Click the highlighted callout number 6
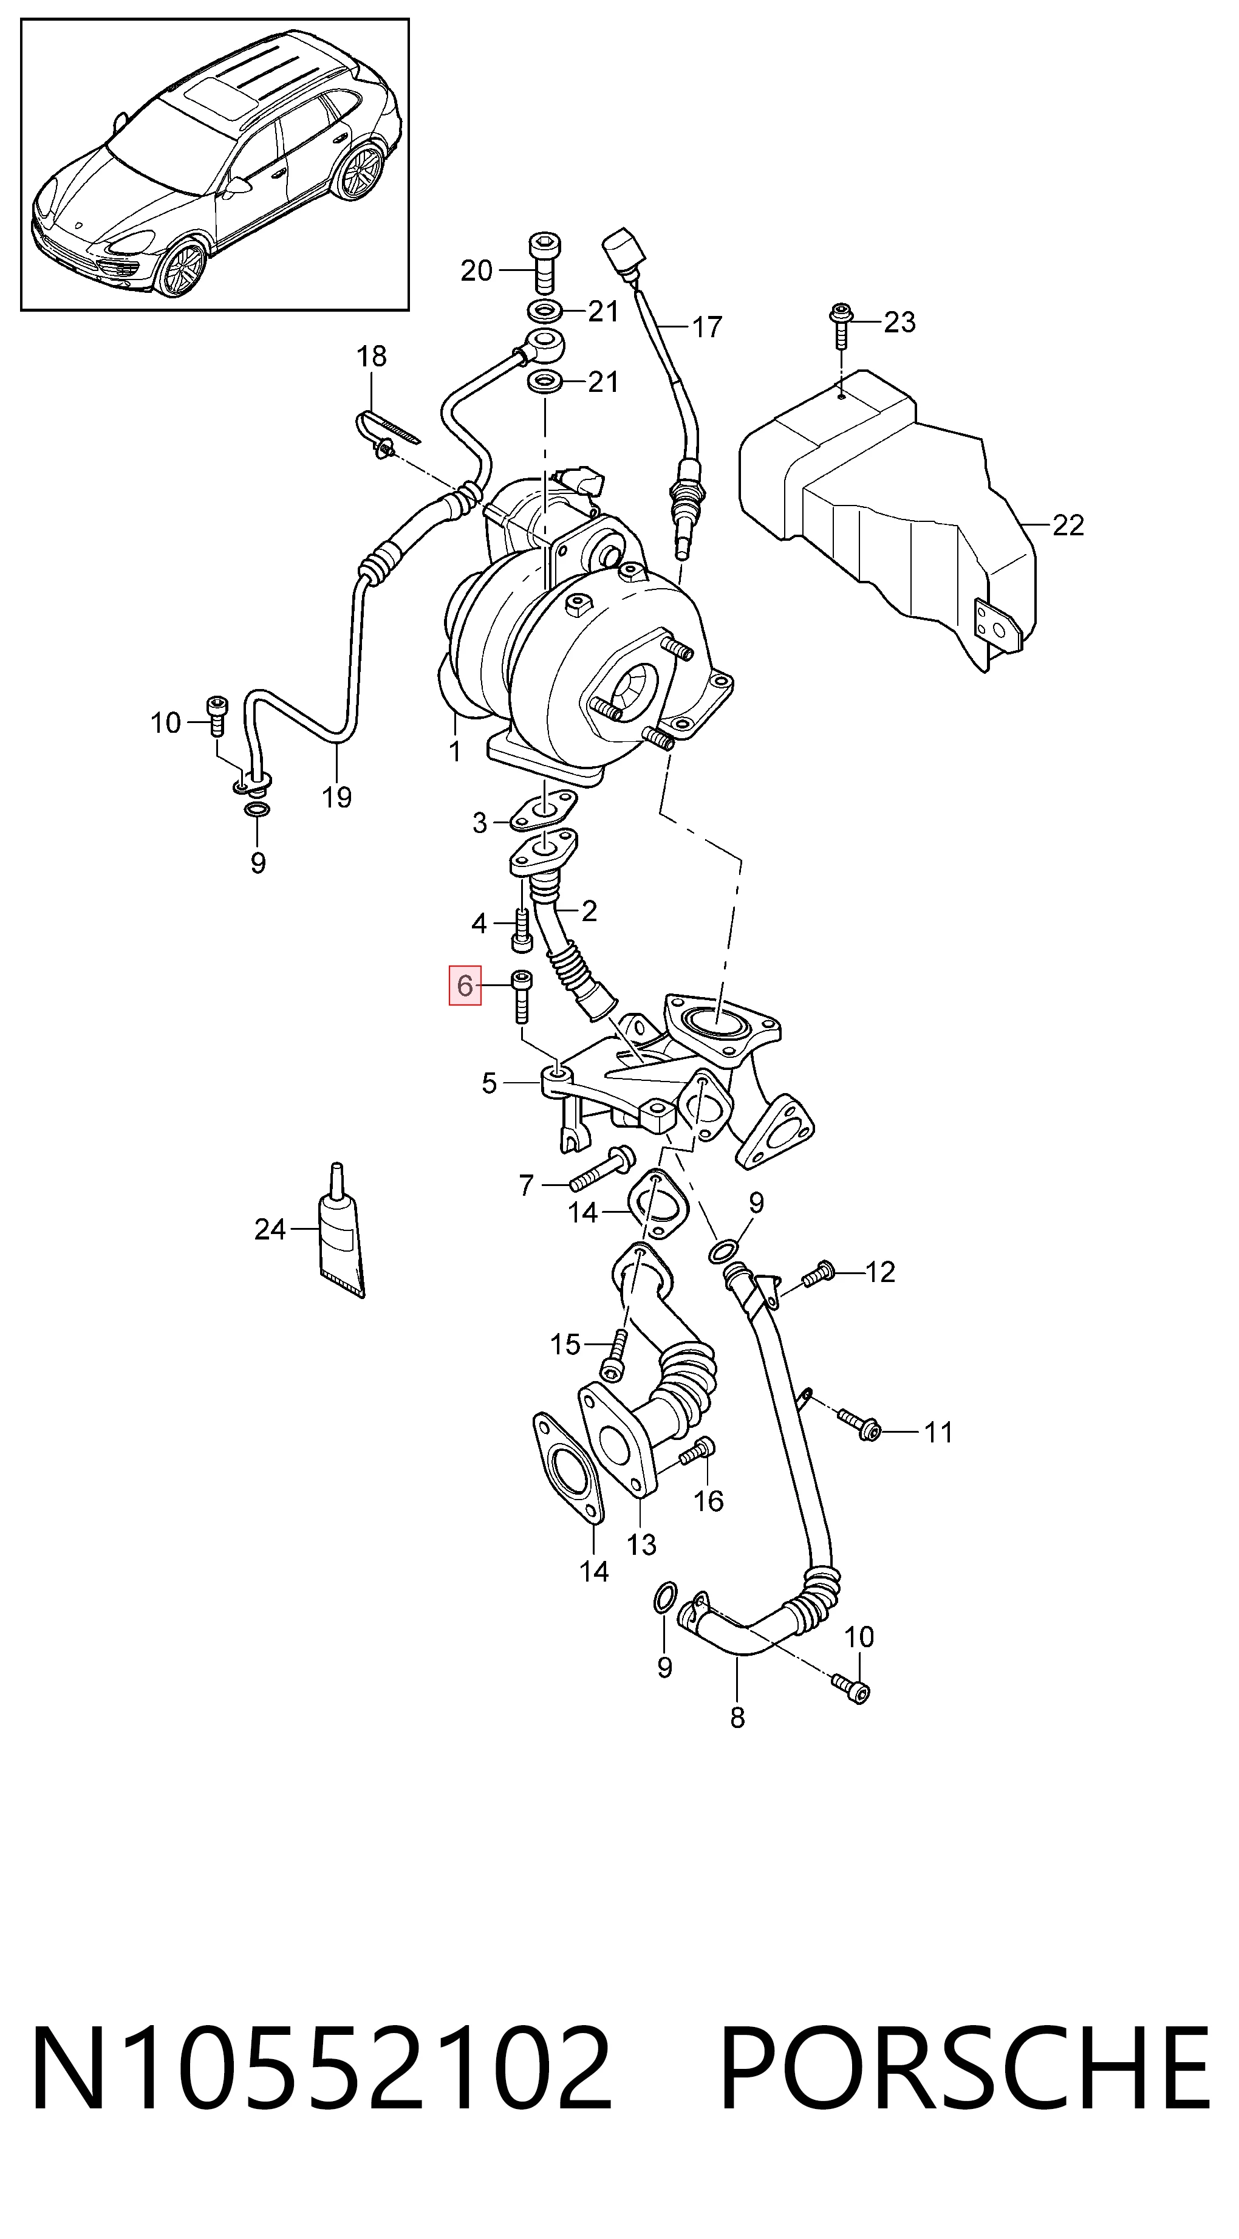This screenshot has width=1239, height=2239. point(465,985)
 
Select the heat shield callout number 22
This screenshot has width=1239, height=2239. point(1068,525)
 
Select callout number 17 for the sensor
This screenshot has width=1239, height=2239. point(707,327)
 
